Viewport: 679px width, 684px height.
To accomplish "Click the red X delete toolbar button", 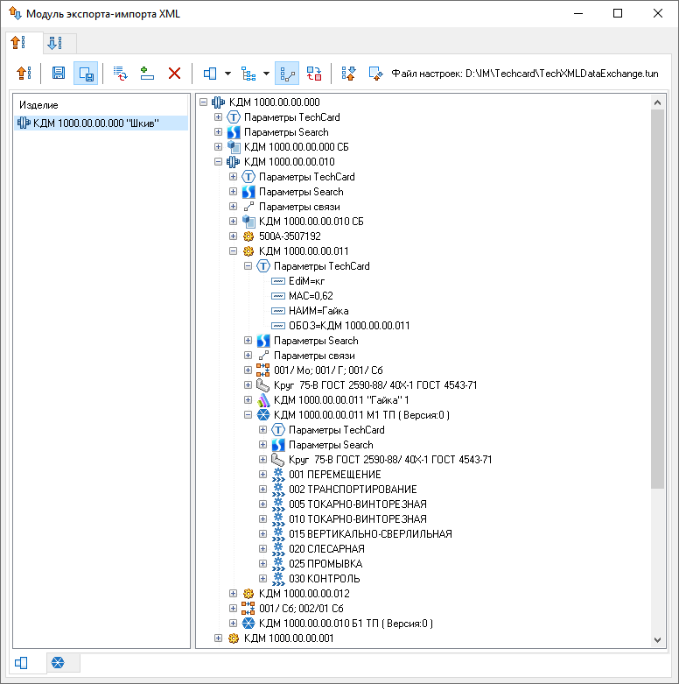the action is [174, 74].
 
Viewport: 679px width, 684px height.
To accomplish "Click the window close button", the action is [658, 13].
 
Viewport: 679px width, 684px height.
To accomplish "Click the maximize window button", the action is [618, 13].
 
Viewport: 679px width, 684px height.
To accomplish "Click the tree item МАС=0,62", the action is [311, 296].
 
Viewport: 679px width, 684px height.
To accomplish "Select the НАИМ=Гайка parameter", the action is [318, 311].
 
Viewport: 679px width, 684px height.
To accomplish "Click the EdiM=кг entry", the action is [307, 281].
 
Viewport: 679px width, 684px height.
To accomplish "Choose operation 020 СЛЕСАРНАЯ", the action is [326, 549].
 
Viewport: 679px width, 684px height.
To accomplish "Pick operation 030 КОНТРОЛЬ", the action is [325, 578].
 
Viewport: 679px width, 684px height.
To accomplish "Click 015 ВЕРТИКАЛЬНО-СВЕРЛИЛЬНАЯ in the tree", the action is [370, 534].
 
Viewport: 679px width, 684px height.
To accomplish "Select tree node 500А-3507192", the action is [290, 236].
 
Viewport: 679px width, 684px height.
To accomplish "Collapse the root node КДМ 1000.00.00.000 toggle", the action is [204, 102].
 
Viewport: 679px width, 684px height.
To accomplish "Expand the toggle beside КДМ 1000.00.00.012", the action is [233, 593].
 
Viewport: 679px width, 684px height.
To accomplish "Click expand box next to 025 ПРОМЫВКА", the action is [262, 564].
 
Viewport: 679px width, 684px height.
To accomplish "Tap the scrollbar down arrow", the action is [658, 640].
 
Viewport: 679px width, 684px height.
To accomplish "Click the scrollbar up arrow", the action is [658, 102].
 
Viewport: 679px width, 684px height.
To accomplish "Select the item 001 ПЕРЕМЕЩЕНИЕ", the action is [335, 474].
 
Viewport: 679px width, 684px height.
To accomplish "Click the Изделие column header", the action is [38, 105].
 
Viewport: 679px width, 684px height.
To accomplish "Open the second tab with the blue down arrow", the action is [55, 43].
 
